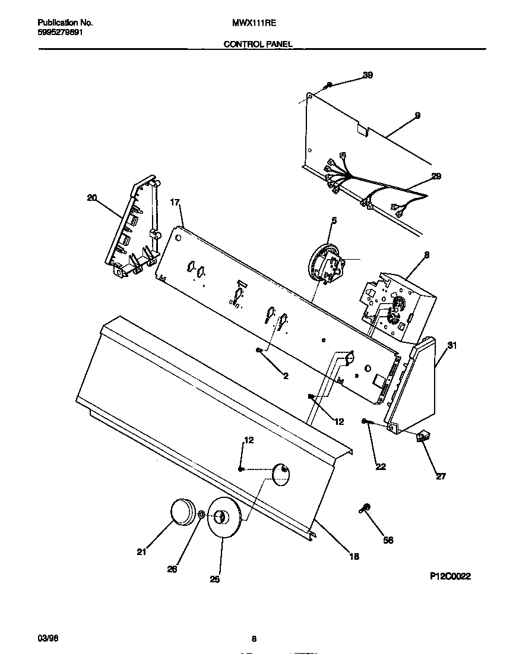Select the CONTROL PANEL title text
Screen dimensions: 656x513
pyautogui.click(x=258, y=44)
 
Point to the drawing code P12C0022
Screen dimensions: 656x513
pyautogui.click(x=451, y=576)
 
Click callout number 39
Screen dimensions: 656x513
pyautogui.click(x=368, y=75)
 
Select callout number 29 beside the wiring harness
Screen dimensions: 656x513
pyautogui.click(x=436, y=176)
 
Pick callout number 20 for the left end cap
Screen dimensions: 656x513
pyautogui.click(x=91, y=198)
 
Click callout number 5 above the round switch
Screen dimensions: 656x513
pyautogui.click(x=334, y=220)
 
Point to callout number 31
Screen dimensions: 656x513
pyautogui.click(x=452, y=345)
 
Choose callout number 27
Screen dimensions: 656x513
pyautogui.click(x=441, y=475)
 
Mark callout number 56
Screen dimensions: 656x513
pyautogui.click(x=388, y=540)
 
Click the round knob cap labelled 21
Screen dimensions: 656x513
pyautogui.click(x=183, y=512)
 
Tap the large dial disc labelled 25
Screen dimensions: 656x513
pyautogui.click(x=223, y=518)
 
